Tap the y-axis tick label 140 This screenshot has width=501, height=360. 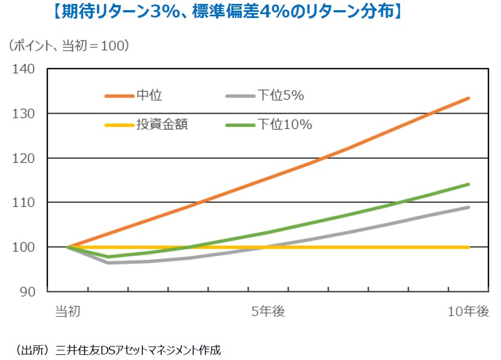pos(23,69)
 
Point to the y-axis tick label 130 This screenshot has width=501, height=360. pos(23,114)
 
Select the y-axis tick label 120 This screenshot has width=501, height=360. pos(23,158)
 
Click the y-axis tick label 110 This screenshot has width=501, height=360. pos(23,202)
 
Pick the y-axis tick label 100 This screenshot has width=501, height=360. pos(23,247)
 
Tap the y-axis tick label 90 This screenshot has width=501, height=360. pos(27,291)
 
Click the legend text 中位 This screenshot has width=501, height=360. pos(149,96)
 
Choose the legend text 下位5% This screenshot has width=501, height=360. pos(280,96)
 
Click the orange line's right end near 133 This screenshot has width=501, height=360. pos(469,98)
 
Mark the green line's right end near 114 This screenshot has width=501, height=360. pos(469,184)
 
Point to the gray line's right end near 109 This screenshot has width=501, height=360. pos(469,207)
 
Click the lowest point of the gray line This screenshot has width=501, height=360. pos(108,263)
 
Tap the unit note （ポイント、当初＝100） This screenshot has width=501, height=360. pos(69,46)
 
